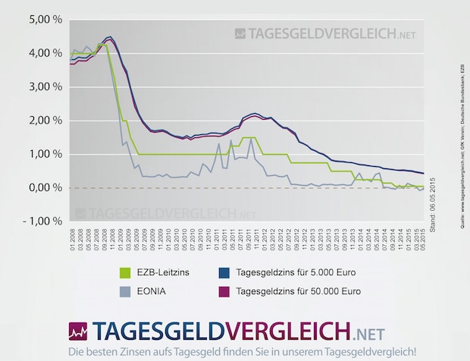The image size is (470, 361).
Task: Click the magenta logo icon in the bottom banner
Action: point(77,332)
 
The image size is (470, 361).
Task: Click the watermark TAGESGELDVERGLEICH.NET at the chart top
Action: point(326,33)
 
